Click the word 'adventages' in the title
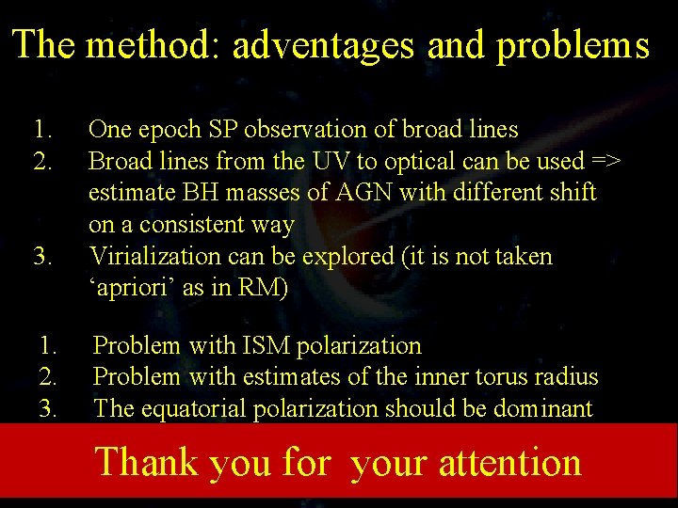pos(317,45)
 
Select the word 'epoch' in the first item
pos(162,130)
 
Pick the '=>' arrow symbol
pos(606,162)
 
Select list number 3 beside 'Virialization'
pos(41,256)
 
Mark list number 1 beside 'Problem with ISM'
pos(48,345)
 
